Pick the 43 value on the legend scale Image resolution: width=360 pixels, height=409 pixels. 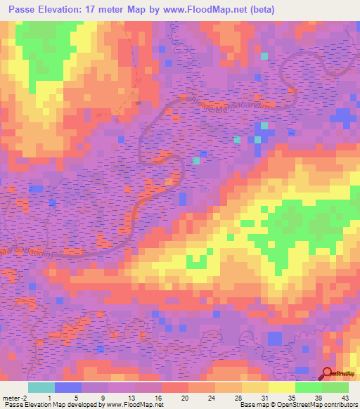point(345,398)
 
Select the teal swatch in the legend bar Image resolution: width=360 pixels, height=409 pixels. point(41,387)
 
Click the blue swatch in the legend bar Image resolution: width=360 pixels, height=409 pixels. point(68,387)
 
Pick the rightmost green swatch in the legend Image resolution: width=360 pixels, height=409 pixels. point(335,387)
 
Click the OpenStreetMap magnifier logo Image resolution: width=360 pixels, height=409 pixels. point(328,375)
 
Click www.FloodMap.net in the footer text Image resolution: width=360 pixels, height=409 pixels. point(135,405)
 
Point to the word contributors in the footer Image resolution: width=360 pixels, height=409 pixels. point(338,405)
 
